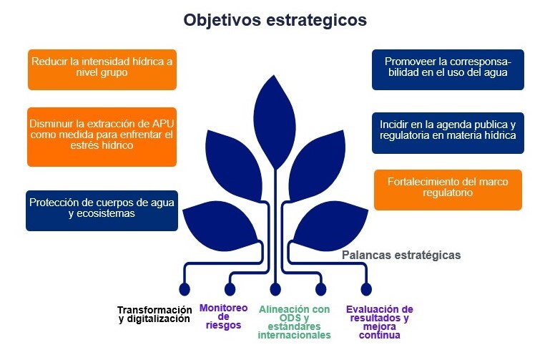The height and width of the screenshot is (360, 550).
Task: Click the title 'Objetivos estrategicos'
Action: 275,20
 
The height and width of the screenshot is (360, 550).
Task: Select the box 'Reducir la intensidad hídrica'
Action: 102,69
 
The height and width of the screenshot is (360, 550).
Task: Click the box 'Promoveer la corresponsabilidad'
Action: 448,69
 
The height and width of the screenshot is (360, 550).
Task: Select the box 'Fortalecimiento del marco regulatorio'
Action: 448,189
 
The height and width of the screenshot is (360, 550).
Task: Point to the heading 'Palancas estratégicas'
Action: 401,255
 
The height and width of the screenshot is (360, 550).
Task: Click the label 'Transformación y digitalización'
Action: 155,314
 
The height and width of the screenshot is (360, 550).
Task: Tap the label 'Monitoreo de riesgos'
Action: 223,316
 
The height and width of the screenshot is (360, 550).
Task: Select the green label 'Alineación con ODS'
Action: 295,321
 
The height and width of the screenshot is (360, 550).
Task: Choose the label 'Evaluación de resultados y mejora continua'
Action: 380,321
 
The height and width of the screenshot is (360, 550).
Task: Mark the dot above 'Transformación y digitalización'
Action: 185,289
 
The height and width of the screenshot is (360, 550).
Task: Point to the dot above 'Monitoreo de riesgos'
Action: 230,289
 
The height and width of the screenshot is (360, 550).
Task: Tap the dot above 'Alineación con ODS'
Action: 275,289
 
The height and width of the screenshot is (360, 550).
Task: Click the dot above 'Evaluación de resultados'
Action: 366,289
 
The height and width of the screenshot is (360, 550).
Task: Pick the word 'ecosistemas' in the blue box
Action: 102,214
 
